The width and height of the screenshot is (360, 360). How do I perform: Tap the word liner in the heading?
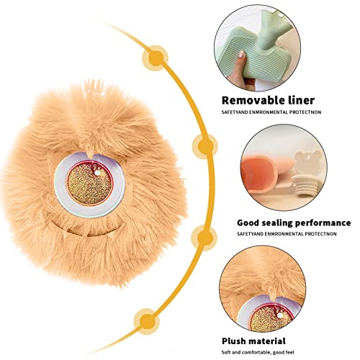[301, 100]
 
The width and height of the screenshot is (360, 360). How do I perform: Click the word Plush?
[233, 341]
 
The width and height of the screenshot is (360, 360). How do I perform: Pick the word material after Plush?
[266, 341]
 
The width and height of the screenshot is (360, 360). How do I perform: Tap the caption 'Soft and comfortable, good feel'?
[258, 353]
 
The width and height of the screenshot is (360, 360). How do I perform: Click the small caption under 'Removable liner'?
[271, 112]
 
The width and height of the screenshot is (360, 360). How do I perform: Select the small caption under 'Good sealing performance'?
[287, 234]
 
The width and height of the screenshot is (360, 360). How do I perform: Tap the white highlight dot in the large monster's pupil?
[97, 173]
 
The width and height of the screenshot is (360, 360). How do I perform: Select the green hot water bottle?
[256, 45]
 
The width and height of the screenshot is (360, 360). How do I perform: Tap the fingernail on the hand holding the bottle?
[242, 54]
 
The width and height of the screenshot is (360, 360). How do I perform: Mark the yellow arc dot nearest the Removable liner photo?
[156, 58]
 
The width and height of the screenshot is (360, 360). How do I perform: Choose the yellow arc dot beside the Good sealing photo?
[205, 145]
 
